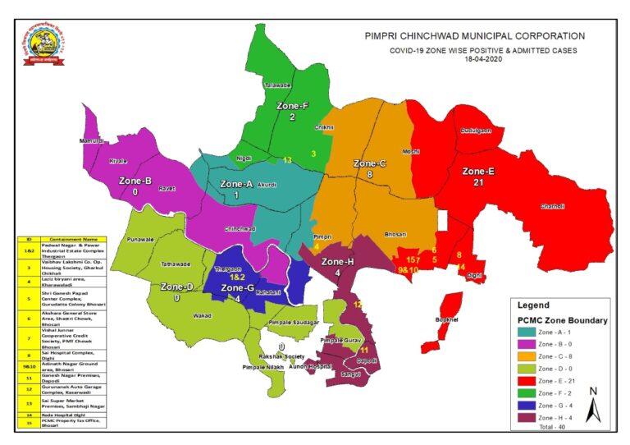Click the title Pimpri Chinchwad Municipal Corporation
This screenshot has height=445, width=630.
pos(475,36)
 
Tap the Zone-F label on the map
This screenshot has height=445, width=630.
pos(292,106)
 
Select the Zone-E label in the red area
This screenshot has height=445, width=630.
pos(478,172)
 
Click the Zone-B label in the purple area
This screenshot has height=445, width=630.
pos(135,180)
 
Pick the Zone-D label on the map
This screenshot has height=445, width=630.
pos(176,287)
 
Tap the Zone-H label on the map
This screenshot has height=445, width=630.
pos(338,262)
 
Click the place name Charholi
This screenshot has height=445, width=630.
pos(553,207)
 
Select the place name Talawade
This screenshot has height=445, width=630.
pos(277,85)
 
